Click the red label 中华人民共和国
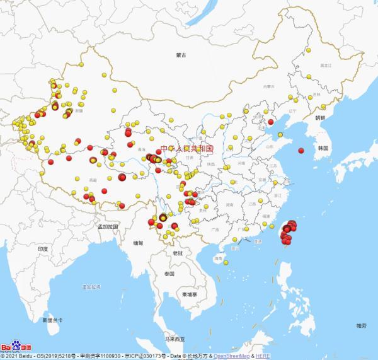coord(187,149)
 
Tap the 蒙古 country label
coord(183,56)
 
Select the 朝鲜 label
coord(320,118)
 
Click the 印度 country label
coord(43,250)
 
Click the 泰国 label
coord(168,274)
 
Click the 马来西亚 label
coord(173,339)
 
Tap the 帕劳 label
coord(360,325)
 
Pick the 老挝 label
coord(178,253)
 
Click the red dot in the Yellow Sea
coord(301,150)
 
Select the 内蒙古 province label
coord(270,86)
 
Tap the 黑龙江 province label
coord(325,65)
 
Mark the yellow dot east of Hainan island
coord(226,263)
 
